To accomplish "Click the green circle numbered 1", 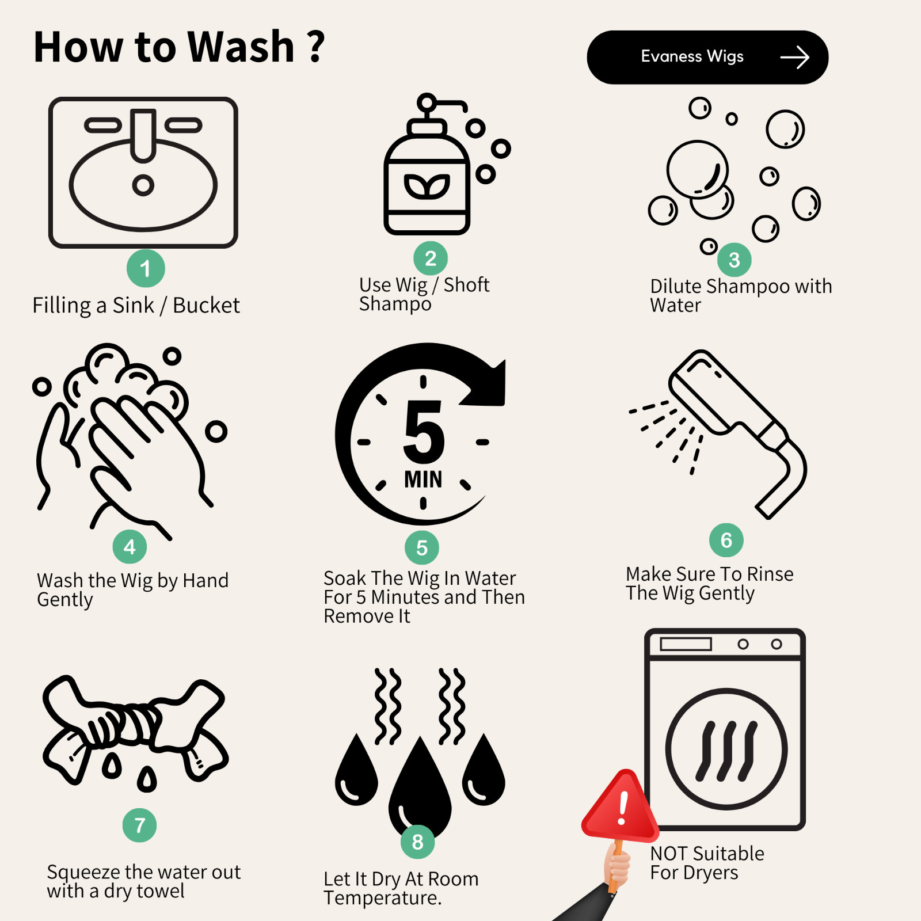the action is coord(146,268).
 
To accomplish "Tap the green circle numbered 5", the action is coord(422,548).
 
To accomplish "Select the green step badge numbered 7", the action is coord(139,825).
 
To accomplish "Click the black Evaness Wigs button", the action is coord(707,57).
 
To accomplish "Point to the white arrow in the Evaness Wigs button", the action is coord(795,57).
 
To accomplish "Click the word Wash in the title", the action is coord(241,47).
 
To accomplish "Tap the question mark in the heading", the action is coord(316,47).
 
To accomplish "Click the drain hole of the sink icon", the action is coord(143,185).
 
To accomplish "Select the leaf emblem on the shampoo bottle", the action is coord(427,187).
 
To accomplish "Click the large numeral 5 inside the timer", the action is coord(424,432).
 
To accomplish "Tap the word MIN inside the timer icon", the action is coord(423,479).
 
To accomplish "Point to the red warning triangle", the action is coord(620,805).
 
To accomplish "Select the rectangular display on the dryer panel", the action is coord(686,644).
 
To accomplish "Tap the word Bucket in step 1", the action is coord(206,305).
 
